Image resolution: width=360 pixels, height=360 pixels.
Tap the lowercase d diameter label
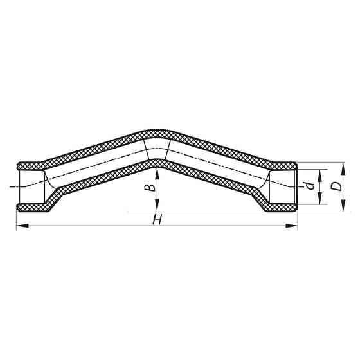310,186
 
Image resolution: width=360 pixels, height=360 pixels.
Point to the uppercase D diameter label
335,186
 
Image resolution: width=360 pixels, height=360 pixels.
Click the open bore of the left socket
30,187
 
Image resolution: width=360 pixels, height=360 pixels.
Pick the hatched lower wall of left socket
31,207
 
